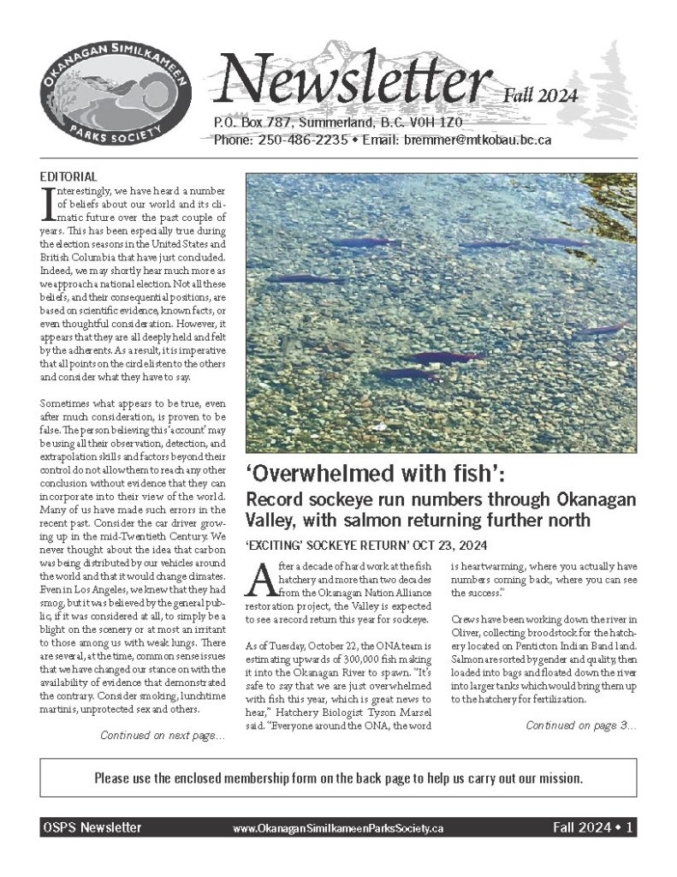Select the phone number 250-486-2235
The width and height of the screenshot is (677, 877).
click(x=291, y=140)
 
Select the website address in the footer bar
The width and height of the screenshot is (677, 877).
click(x=338, y=829)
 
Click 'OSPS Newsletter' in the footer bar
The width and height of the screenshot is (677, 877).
click(x=92, y=828)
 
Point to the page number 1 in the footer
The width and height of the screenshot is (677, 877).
click(x=629, y=828)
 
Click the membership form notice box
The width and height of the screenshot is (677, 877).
click(x=338, y=779)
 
